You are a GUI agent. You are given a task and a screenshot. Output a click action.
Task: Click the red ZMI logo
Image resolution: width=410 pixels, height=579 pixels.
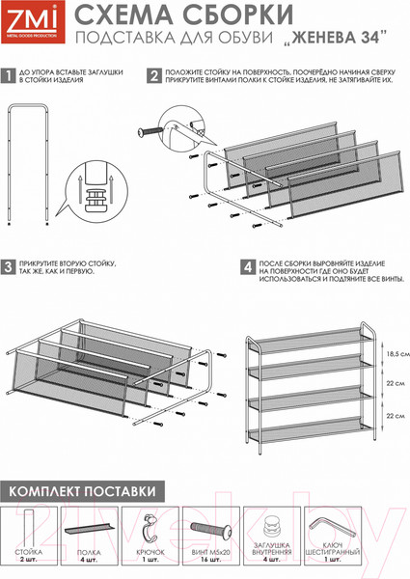pyautogui.click(x=33, y=22)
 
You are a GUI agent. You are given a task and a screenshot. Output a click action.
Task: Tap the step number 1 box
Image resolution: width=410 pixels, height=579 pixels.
pyautogui.click(x=8, y=75)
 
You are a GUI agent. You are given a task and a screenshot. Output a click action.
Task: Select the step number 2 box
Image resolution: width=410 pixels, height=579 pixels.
pyautogui.click(x=154, y=75)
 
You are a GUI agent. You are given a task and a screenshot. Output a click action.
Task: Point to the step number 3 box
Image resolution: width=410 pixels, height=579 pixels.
pyautogui.click(x=8, y=267)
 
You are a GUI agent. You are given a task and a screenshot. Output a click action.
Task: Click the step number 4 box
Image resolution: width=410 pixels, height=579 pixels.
pyautogui.click(x=248, y=267)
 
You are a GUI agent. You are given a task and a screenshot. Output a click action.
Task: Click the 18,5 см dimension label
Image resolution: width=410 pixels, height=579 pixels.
pyautogui.click(x=397, y=354)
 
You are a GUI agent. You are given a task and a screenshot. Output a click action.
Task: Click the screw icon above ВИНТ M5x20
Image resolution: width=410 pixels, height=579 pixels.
pyautogui.click(x=210, y=529)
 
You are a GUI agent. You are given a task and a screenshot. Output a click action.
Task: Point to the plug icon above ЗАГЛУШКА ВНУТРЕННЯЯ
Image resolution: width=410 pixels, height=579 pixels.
pyautogui.click(x=272, y=527)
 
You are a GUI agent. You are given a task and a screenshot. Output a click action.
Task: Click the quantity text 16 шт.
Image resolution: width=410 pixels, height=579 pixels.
pyautogui.click(x=210, y=560)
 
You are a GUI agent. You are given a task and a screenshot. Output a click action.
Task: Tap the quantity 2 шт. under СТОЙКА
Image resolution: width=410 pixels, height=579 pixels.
pyautogui.click(x=28, y=560)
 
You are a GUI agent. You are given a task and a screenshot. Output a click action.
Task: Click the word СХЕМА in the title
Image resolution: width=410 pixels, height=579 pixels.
pyautogui.click(x=123, y=15)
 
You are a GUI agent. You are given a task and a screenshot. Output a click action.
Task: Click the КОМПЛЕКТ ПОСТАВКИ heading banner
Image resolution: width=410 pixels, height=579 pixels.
pyautogui.click(x=82, y=491)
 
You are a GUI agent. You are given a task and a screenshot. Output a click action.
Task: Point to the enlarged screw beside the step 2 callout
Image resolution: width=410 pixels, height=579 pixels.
pyautogui.click(x=150, y=131)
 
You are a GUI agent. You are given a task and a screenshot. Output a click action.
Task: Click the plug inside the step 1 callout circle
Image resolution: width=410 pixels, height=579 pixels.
pyautogui.click(x=96, y=201)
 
